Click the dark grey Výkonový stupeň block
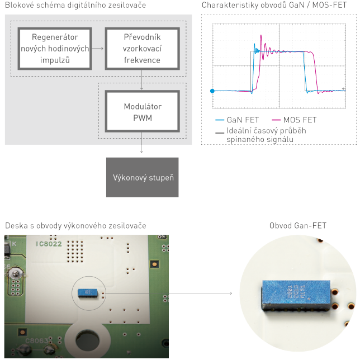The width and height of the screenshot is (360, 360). [142, 177]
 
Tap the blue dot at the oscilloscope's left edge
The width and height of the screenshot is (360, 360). [212, 91]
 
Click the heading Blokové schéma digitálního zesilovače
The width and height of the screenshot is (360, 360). [75, 6]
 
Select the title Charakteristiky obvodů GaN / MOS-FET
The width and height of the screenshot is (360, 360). [278, 6]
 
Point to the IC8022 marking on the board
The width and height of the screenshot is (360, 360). [49, 244]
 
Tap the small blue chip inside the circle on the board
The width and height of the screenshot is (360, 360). [86, 291]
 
